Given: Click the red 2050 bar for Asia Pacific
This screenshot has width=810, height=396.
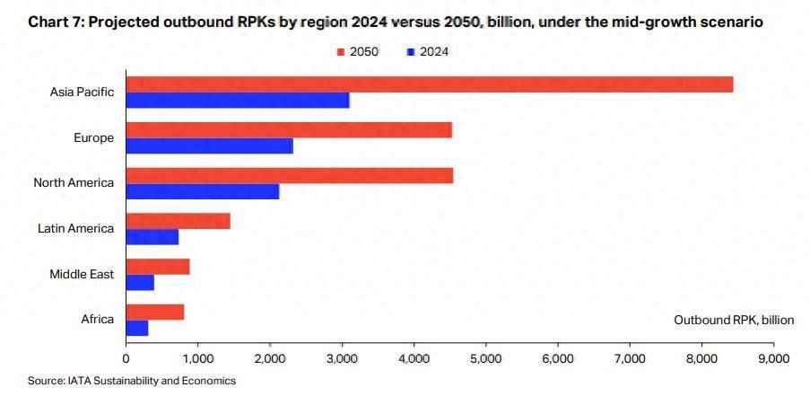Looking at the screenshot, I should click(429, 84).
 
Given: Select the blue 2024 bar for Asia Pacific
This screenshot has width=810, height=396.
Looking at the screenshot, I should click(238, 101).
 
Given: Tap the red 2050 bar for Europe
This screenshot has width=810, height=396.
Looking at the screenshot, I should click(289, 129).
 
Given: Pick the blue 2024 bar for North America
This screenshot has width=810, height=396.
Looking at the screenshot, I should click(203, 191).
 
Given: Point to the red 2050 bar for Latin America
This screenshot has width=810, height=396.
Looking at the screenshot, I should click(178, 221).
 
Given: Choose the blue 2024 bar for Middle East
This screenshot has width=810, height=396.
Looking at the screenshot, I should click(140, 283).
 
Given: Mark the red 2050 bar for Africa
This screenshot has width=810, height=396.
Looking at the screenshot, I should click(155, 312).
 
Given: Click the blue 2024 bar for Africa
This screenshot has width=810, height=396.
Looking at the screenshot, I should click(137, 329).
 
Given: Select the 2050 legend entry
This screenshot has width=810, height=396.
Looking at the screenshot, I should click(358, 52).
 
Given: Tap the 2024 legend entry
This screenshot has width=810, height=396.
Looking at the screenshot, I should click(428, 52).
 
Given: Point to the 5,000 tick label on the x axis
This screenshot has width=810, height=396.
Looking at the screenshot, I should click(485, 358).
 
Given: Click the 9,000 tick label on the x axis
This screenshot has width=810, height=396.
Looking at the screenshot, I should click(773, 358).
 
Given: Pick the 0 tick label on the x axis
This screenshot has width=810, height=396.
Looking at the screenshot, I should click(126, 358).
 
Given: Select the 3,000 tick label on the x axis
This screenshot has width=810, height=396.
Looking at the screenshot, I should click(342, 358).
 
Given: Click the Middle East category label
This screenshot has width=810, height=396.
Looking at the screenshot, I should click(82, 274).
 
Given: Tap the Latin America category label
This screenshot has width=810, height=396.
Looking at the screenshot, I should click(75, 228).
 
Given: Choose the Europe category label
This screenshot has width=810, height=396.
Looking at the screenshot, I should click(93, 137).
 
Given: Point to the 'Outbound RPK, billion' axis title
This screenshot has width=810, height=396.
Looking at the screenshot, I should click(734, 320).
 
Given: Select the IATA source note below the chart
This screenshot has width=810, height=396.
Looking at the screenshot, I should click(131, 381).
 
